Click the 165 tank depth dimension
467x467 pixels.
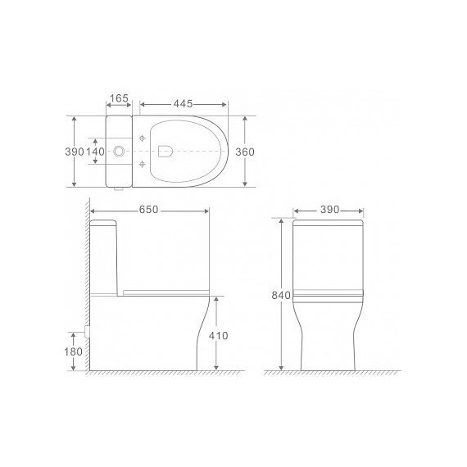[x=119, y=98]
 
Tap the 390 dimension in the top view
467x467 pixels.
[x=74, y=152]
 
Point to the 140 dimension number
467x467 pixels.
[x=96, y=152]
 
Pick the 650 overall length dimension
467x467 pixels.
[x=148, y=211]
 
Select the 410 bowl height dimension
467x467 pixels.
[x=217, y=336]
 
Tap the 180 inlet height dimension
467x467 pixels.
[x=73, y=351]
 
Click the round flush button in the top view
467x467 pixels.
[x=120, y=152]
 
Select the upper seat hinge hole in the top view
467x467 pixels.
[x=144, y=138]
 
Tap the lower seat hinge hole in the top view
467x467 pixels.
[x=144, y=165]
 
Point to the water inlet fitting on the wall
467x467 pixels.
[x=86, y=333]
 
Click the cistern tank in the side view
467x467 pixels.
[x=105, y=254]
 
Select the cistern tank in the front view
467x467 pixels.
[x=328, y=254]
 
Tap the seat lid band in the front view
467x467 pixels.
[x=328, y=293]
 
